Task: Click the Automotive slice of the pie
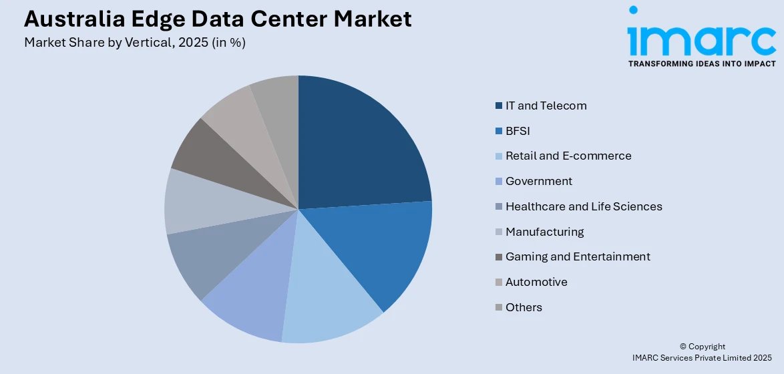pos(234,114)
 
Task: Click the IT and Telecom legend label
pos(546,106)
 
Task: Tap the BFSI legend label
pos(518,131)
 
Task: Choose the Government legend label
pos(538,181)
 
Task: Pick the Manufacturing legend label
pos(544,232)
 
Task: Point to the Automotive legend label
pos(536,282)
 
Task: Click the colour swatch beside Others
pos(499,307)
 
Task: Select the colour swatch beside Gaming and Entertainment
pos(499,257)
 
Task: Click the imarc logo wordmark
pos(701,40)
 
